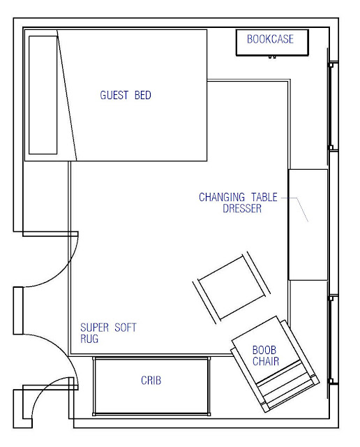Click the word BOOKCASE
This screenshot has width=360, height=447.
click(x=270, y=39)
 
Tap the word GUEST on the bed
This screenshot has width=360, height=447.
click(x=114, y=95)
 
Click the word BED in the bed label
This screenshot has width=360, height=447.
click(x=143, y=95)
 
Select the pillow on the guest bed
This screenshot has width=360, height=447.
click(x=43, y=95)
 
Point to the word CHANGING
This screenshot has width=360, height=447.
click(x=222, y=197)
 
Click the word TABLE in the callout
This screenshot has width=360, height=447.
click(x=264, y=197)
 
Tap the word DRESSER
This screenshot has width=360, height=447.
click(x=242, y=208)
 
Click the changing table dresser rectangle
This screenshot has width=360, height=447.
click(x=308, y=225)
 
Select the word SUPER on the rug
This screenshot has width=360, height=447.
click(x=95, y=328)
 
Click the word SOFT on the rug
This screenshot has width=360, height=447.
click(x=126, y=328)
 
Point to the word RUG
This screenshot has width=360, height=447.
click(x=89, y=339)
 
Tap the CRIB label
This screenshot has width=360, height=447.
click(x=151, y=380)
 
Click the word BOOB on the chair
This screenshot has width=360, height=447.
click(x=264, y=350)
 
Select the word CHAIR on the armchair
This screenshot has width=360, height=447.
click(x=266, y=361)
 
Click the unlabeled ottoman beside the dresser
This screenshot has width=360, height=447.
click(x=231, y=288)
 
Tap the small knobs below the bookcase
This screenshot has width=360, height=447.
click(x=272, y=57)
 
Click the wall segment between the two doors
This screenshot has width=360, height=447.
click(x=18, y=311)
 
